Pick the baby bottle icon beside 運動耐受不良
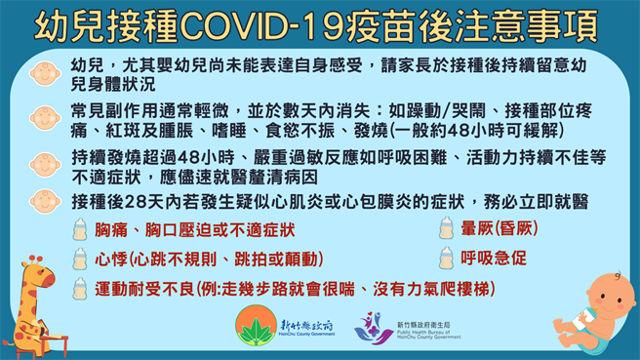tap(81, 289)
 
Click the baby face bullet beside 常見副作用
tap(43, 116)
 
